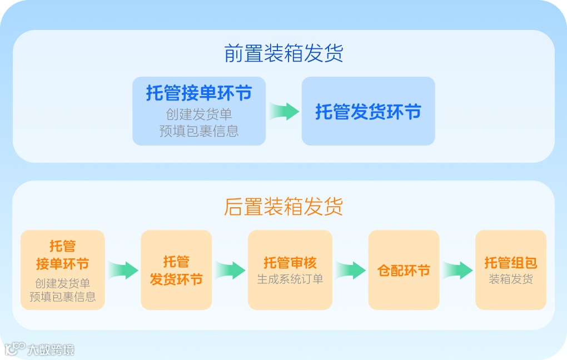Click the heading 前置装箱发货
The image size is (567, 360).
283,53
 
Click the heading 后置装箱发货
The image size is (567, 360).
283,206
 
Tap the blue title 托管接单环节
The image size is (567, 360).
199,93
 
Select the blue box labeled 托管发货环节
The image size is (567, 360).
368,112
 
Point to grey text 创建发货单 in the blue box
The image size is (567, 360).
199,114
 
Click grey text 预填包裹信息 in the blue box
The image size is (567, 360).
199,131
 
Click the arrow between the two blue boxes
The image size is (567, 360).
284,111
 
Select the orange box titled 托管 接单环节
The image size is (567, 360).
62,269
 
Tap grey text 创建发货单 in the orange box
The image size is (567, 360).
62,283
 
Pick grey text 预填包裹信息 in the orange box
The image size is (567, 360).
62,297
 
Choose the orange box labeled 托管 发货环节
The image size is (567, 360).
176,269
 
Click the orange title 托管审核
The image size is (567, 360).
290,262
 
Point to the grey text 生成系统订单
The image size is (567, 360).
290,279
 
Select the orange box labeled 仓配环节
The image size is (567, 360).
404,271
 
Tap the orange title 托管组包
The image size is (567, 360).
510,262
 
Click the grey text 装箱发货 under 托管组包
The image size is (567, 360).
510,279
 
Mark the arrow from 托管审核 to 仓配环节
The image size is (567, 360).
350,271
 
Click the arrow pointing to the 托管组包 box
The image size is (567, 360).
457,271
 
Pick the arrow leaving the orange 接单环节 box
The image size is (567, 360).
123,271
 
